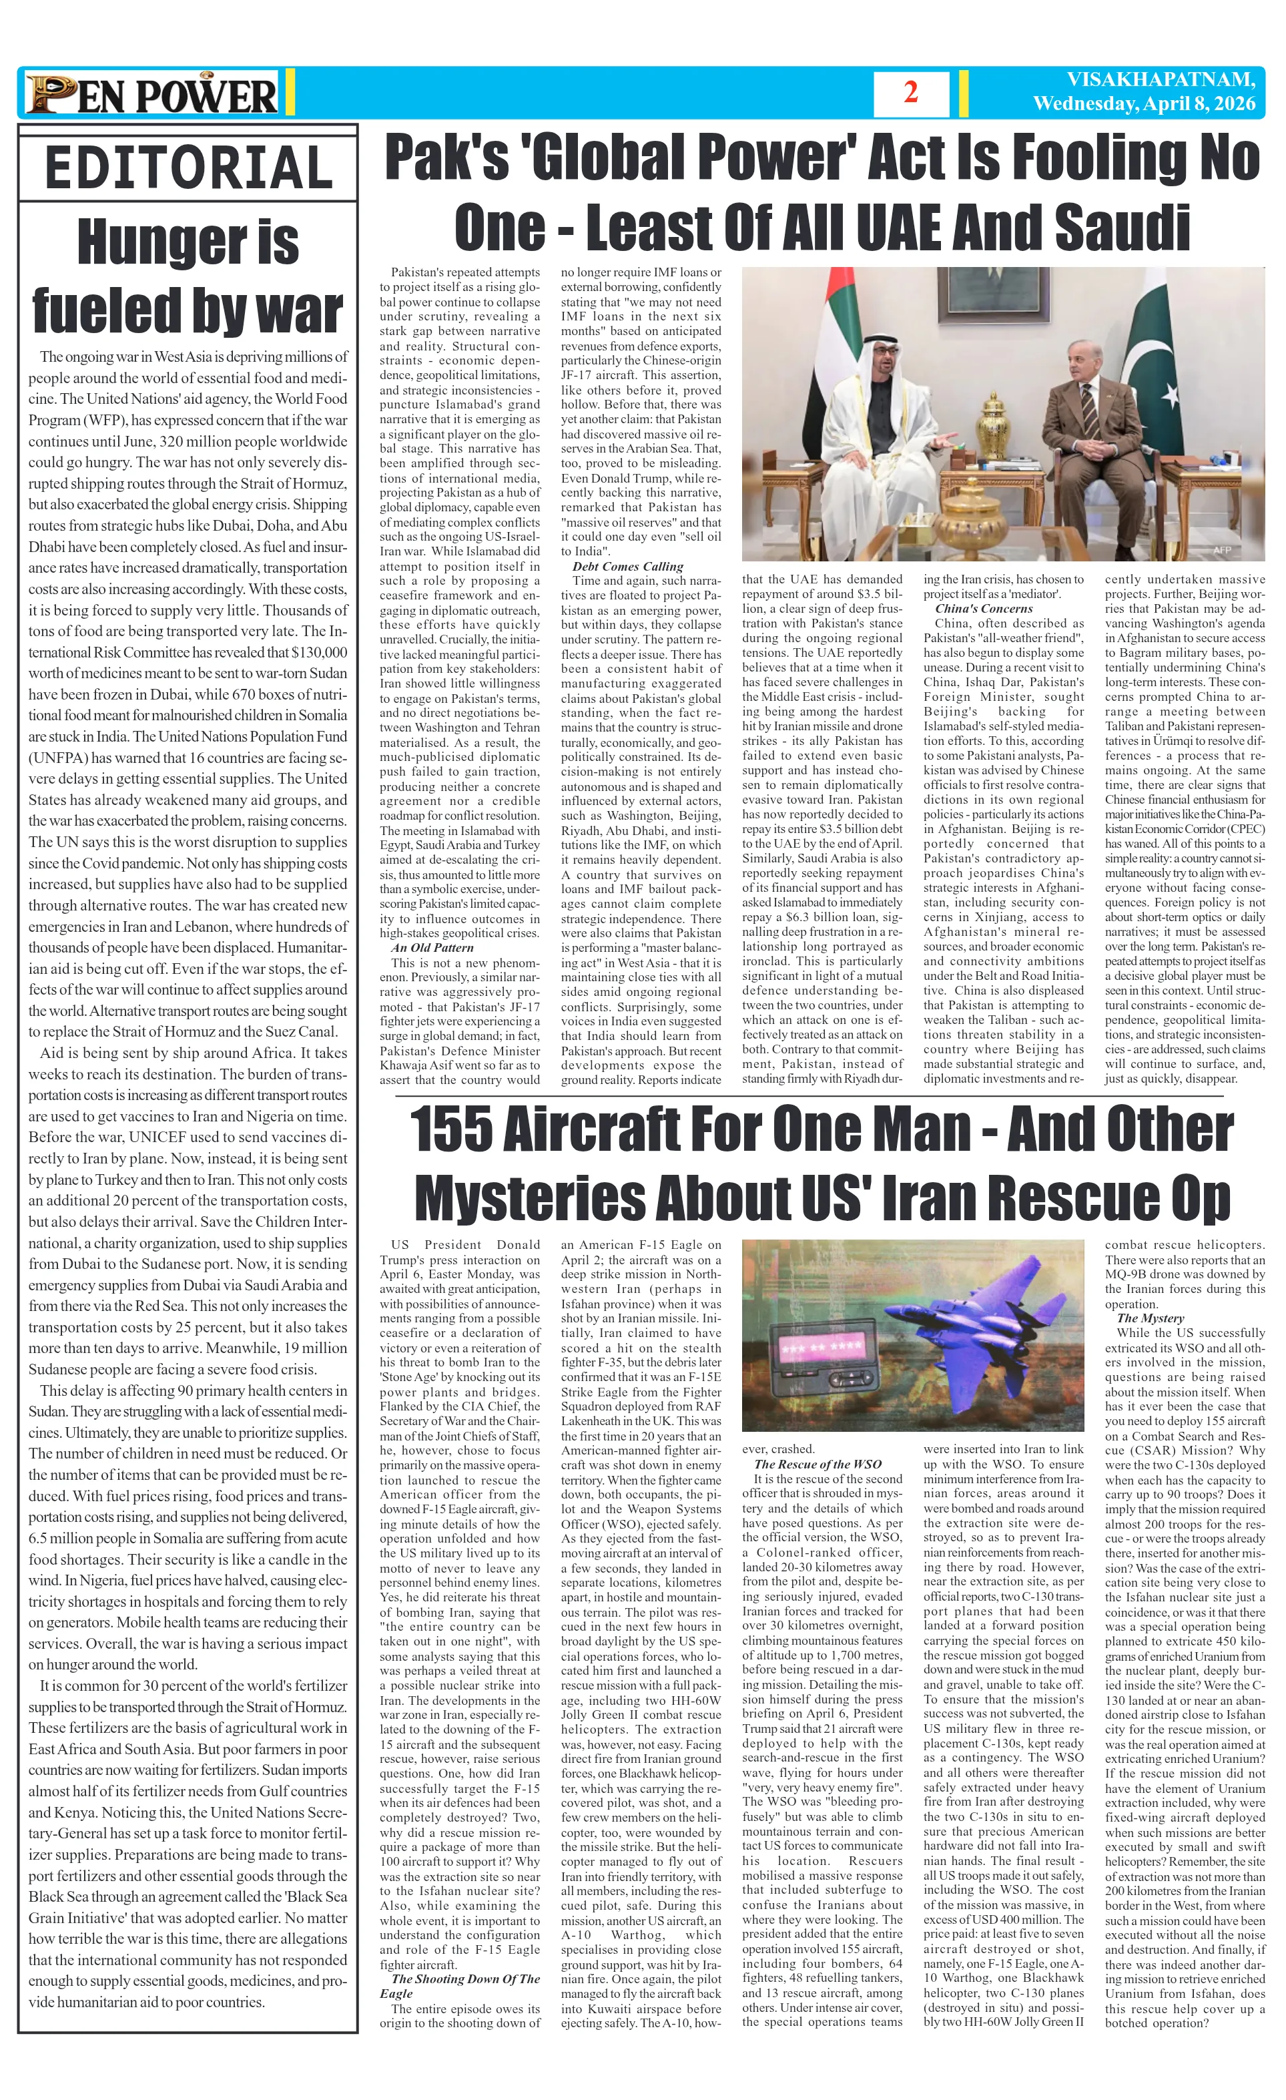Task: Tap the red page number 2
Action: [910, 93]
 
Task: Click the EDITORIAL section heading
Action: [188, 168]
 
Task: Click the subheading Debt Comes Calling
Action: [627, 566]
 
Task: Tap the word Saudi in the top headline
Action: [1122, 228]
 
